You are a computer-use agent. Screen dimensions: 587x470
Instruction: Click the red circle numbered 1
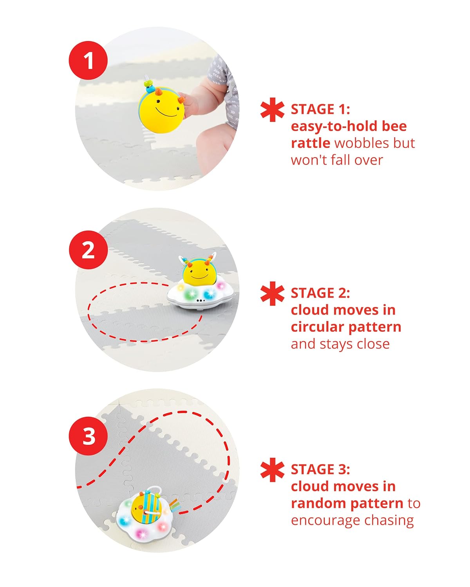[88, 61]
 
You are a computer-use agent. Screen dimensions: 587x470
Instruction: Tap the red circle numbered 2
[88, 250]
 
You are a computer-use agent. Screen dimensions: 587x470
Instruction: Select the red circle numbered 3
[89, 436]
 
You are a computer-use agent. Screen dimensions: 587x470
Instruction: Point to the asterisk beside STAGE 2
[272, 293]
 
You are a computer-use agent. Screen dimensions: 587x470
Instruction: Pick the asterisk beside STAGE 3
[272, 470]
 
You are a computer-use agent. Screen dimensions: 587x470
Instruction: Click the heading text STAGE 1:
[320, 109]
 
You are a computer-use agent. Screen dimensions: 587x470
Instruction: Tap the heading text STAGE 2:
[320, 293]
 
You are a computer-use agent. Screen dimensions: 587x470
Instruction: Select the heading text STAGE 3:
[320, 469]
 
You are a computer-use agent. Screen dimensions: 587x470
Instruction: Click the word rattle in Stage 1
[311, 143]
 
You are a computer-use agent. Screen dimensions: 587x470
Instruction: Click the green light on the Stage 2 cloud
[192, 294]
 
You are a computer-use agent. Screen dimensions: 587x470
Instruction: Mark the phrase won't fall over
[337, 160]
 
